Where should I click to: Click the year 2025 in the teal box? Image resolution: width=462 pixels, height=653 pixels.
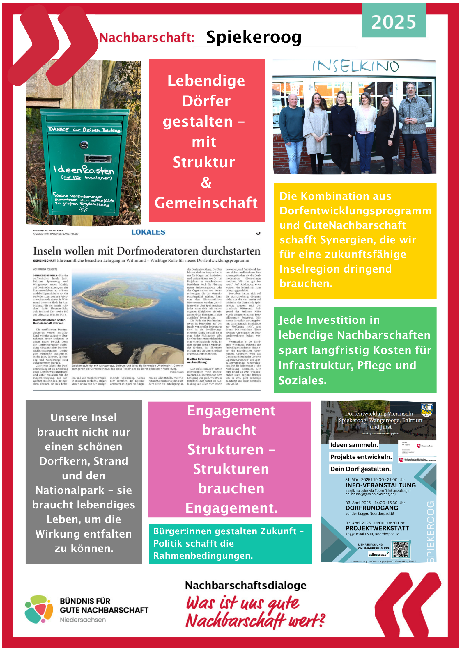pos(394,22)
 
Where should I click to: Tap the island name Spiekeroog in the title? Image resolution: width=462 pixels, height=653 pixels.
pos(254,37)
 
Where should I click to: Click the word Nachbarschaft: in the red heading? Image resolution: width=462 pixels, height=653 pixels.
pos(147,38)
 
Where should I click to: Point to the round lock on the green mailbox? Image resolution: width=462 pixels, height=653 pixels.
pos(84,145)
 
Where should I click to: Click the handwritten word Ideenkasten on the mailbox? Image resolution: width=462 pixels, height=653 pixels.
pos(84,169)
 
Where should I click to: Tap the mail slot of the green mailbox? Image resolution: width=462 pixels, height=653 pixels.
pos(98,159)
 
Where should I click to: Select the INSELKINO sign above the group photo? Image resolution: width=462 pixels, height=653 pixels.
pos(355,66)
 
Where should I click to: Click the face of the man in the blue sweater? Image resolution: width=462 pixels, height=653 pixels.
pos(293,100)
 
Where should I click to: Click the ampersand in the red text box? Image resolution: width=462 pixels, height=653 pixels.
pos(206,183)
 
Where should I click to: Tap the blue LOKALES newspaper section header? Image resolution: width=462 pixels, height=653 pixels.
pos(148,232)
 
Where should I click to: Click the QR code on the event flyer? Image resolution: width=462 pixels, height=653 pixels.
pos(401,549)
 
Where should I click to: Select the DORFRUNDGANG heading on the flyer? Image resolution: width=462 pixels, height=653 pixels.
pos(371,508)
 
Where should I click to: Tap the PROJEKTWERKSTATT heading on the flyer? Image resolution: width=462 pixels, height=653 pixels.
pos(377,528)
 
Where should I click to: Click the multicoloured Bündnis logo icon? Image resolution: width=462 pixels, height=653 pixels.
pos(39,609)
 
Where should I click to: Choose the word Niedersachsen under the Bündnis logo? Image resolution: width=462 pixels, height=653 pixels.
pos(83,620)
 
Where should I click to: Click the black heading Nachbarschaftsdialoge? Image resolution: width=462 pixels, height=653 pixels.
pos(246,585)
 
